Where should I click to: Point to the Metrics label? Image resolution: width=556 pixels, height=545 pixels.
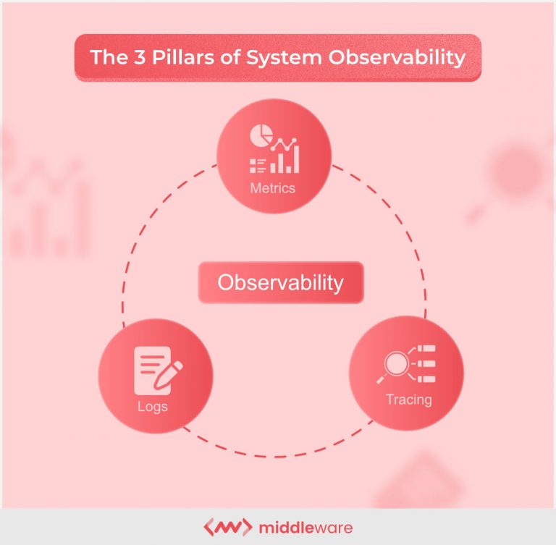(272, 188)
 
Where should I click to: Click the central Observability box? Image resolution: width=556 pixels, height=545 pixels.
(280, 282)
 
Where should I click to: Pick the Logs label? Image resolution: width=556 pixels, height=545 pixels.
(152, 406)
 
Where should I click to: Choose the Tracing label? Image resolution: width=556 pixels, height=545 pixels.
(408, 400)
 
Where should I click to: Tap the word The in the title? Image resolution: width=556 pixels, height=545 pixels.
(106, 57)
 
